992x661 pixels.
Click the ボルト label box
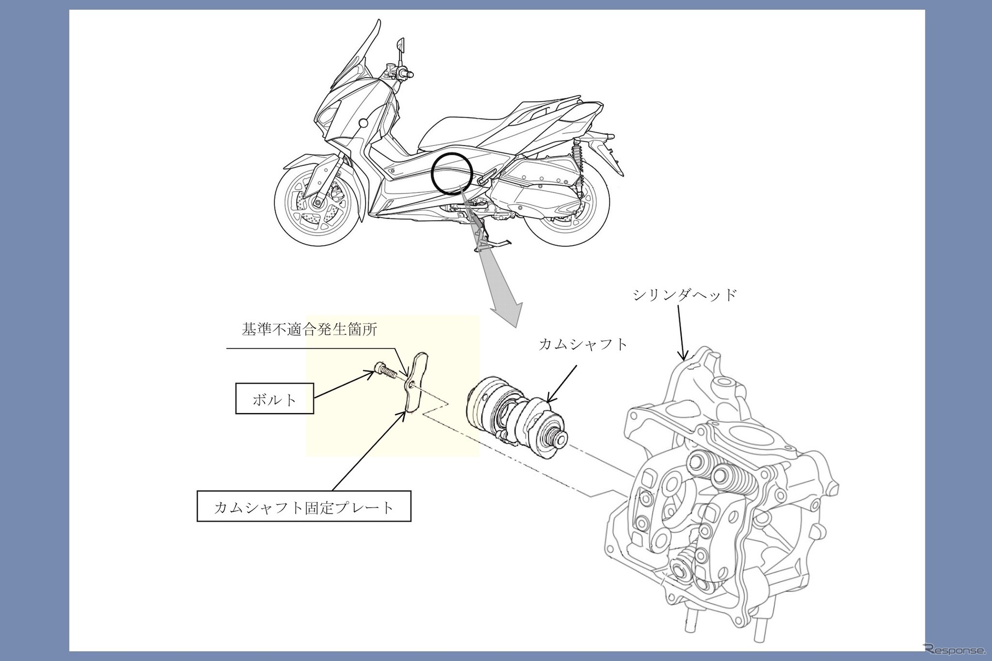pyautogui.click(x=275, y=399)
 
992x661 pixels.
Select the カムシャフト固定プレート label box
pyautogui.click(x=303, y=507)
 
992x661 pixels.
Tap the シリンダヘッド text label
pyautogui.click(x=685, y=296)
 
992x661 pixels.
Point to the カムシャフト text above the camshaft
pyautogui.click(x=583, y=344)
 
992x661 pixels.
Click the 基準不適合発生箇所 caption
pyautogui.click(x=309, y=330)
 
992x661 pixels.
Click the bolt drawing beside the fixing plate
pyautogui.click(x=386, y=371)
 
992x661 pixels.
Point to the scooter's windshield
pyautogui.click(x=355, y=60)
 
